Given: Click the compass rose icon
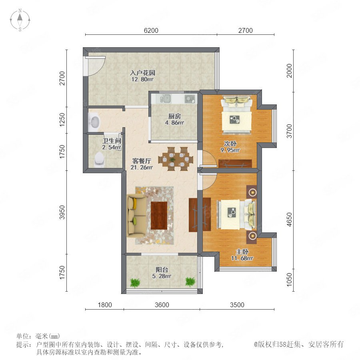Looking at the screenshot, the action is point(20,20).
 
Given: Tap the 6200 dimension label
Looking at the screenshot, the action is point(151,30).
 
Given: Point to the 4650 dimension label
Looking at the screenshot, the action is point(290,220).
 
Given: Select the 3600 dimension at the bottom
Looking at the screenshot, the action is point(162,305).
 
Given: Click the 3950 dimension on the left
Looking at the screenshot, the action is point(62,212).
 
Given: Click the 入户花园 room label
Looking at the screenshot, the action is point(142,73).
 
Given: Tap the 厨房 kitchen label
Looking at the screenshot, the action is point(174,116).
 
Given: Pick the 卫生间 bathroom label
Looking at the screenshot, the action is point(112,141).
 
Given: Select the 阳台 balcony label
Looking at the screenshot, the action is point(162,270).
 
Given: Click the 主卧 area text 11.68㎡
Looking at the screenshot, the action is point(242,258).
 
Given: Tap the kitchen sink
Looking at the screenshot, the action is point(165,99).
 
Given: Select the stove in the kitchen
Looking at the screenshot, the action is point(190,99).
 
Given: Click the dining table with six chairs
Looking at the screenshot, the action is point(176,159).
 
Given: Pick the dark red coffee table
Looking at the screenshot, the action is point(159,215).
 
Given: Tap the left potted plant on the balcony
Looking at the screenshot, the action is point(135,282).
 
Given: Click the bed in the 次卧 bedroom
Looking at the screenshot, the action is point(236,115).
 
